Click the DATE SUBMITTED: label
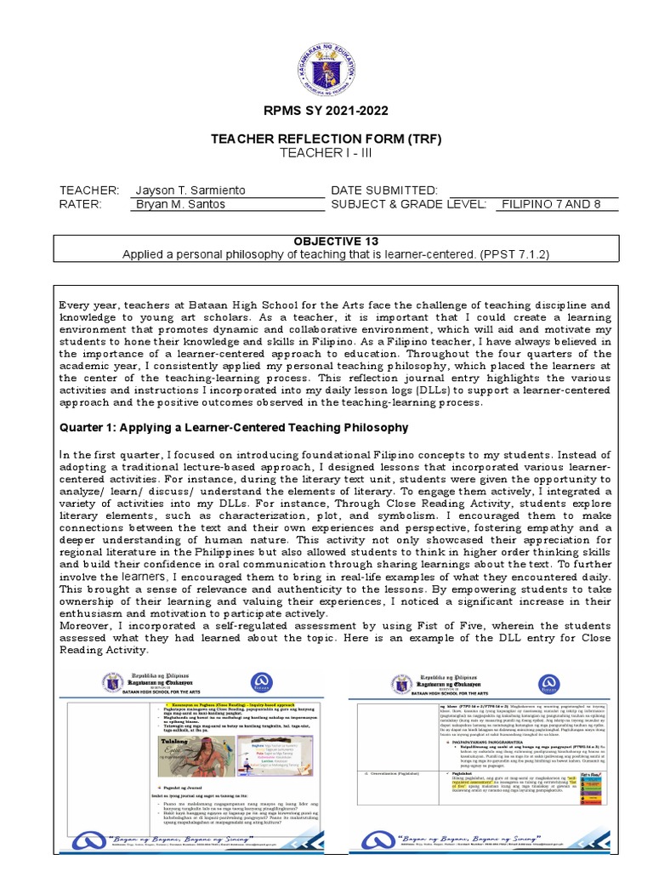click(384, 190)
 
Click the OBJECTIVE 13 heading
click(326, 242)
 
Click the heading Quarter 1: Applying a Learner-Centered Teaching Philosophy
click(233, 427)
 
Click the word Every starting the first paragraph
click(75, 305)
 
